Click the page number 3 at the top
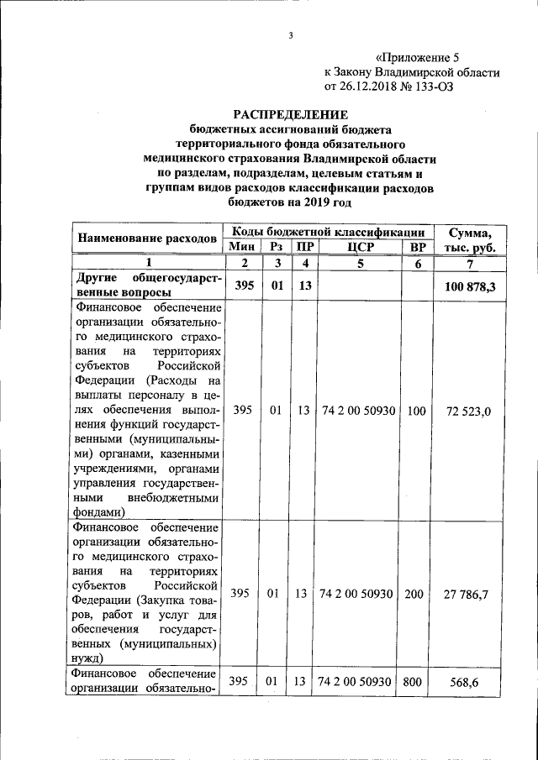pyautogui.click(x=290, y=35)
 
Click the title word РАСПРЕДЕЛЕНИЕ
pyautogui.click(x=290, y=115)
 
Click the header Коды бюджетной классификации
pyautogui.click(x=327, y=230)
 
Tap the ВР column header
pyautogui.click(x=414, y=246)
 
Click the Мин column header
pyautogui.click(x=242, y=246)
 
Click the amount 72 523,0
pyautogui.click(x=470, y=411)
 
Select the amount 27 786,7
pyautogui.click(x=470, y=595)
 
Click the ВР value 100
pyautogui.click(x=414, y=411)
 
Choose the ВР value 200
pyautogui.click(x=414, y=595)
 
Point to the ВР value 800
pyautogui.click(x=412, y=682)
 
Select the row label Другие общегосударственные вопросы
pyautogui.click(x=147, y=285)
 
